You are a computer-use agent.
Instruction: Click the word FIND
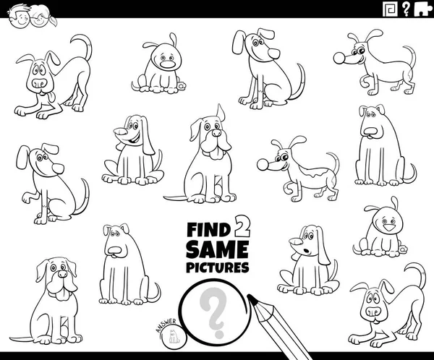click(x=209, y=229)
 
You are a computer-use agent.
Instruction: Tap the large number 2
click(x=242, y=226)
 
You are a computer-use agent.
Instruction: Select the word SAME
click(x=217, y=249)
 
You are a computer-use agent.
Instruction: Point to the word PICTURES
click(x=217, y=267)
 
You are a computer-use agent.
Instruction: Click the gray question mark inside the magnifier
click(x=213, y=312)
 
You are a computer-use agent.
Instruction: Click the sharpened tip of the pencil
click(x=250, y=297)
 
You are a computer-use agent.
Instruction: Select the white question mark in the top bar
click(x=406, y=9)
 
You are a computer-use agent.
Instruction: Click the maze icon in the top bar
click(x=391, y=9)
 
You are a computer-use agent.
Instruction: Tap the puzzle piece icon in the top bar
click(x=422, y=9)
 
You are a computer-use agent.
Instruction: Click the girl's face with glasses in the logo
click(x=41, y=18)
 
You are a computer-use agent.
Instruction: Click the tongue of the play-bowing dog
click(x=51, y=97)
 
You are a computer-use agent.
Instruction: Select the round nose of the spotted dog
click(x=263, y=165)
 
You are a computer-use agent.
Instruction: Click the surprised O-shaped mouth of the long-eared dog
click(x=305, y=251)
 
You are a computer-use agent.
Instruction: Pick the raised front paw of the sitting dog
click(x=27, y=198)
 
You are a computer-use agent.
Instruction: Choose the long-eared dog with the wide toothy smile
click(x=133, y=150)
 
